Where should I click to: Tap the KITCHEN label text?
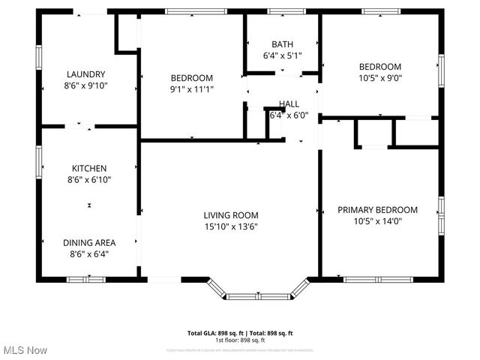click(88, 168)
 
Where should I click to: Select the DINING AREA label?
click(88, 242)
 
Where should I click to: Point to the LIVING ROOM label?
click(231, 214)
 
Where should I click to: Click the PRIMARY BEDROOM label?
click(377, 210)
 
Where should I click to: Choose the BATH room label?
click(283, 44)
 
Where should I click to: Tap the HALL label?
click(289, 103)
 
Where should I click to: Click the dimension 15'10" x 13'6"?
click(231, 226)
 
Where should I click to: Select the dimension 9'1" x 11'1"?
click(191, 89)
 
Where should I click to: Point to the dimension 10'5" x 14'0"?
click(377, 222)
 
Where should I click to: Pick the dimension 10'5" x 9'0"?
click(380, 78)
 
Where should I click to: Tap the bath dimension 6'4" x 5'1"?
click(283, 55)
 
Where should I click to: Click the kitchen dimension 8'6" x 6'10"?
click(88, 179)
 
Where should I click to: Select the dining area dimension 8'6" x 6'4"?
click(88, 253)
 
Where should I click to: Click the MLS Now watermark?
click(25, 350)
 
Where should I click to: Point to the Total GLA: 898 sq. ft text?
click(213, 333)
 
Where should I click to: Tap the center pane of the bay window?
click(257, 296)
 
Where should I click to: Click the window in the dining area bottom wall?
click(86, 280)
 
